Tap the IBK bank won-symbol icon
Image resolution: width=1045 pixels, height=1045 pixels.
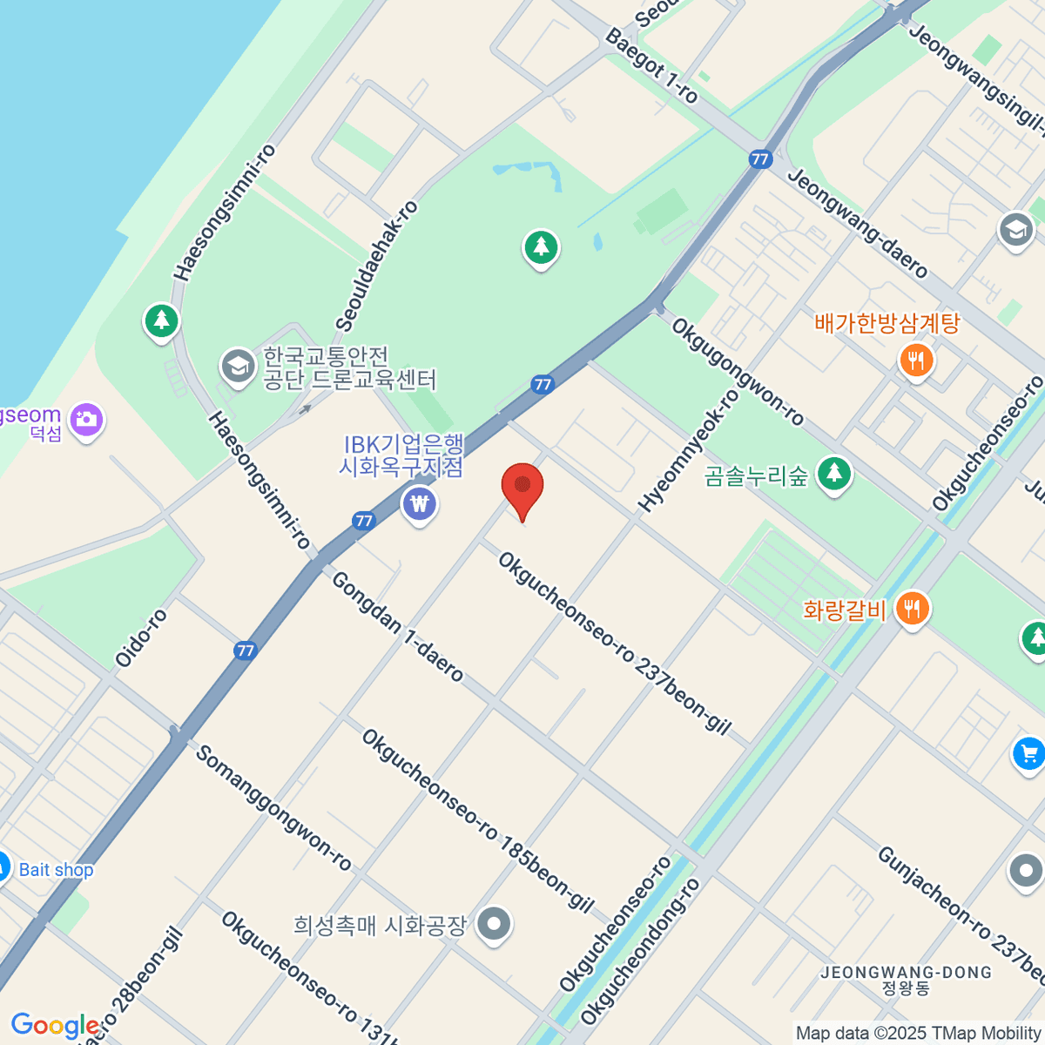pyautogui.click(x=420, y=503)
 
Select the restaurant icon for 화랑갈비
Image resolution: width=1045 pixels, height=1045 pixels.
pyautogui.click(x=912, y=607)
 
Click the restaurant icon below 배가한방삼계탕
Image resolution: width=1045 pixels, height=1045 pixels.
pyautogui.click(x=915, y=359)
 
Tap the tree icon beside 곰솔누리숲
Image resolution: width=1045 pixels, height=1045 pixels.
pyautogui.click(x=835, y=474)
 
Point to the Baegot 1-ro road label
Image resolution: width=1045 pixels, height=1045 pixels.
pyautogui.click(x=651, y=65)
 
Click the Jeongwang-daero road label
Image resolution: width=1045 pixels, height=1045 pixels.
pyautogui.click(x=857, y=223)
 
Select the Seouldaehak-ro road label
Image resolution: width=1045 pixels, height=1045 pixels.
pyautogui.click(x=376, y=266)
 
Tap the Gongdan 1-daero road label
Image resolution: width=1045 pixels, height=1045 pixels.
pyautogui.click(x=397, y=626)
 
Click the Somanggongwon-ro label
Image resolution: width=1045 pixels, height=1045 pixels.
pyautogui.click(x=273, y=807)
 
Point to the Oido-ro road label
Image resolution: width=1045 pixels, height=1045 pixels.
pyautogui.click(x=141, y=637)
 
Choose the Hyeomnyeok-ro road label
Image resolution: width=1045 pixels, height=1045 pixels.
pyautogui.click(x=689, y=449)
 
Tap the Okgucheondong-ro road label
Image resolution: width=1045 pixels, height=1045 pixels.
pyautogui.click(x=640, y=951)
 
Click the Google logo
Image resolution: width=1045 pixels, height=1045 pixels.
pyautogui.click(x=54, y=1026)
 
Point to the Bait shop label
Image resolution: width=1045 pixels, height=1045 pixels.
pyautogui.click(x=56, y=869)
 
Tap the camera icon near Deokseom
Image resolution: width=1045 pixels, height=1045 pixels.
pyautogui.click(x=86, y=420)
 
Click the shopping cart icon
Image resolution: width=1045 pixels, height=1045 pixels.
pyautogui.click(x=1029, y=753)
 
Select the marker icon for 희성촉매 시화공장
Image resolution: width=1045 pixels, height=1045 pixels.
pyautogui.click(x=495, y=924)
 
